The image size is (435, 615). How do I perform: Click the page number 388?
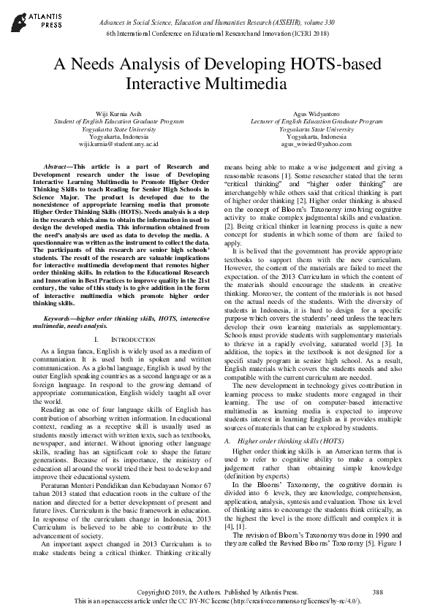(378, 591)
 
